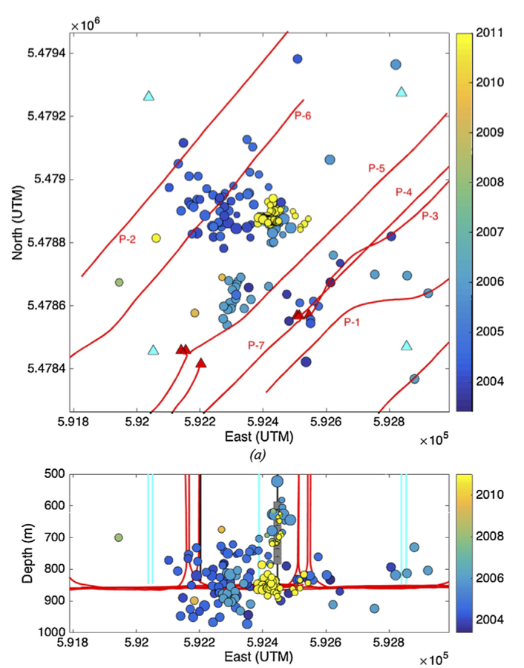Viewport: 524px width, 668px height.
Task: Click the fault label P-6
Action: coord(302,115)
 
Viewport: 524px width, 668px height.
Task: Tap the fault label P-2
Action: coord(127,239)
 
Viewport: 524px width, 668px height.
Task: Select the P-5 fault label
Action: coord(376,168)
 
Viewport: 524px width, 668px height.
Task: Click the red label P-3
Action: coord(430,216)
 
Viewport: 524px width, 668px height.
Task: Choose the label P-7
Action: coord(256,345)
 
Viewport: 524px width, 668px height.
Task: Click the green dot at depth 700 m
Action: coord(118,537)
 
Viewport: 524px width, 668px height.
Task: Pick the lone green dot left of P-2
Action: coord(119,282)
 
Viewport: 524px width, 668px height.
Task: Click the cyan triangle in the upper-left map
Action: coord(148,96)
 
